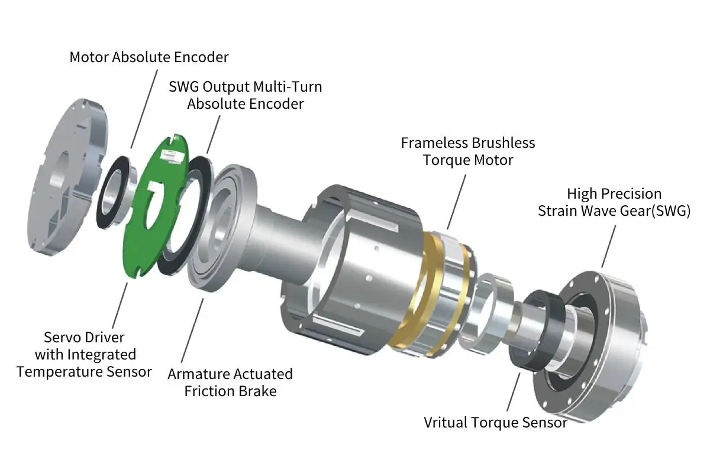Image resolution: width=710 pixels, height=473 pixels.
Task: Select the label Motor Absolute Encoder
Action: click(149, 57)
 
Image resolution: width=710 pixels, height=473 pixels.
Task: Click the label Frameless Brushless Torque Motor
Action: click(467, 151)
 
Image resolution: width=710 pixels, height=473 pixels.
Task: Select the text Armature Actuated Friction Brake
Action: click(230, 382)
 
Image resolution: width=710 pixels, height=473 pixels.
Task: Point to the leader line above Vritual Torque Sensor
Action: click(514, 390)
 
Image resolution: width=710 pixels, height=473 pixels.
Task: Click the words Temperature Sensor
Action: click(84, 371)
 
